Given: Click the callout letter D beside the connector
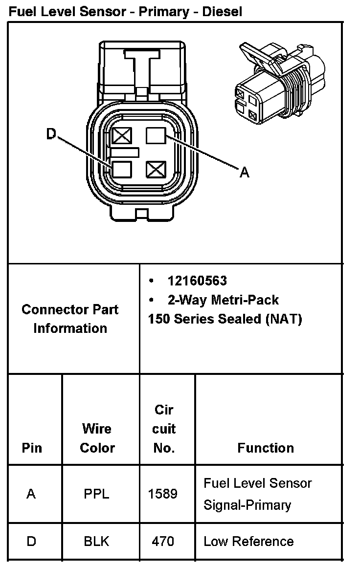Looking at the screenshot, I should coord(51,134).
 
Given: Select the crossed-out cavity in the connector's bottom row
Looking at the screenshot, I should coord(157,170).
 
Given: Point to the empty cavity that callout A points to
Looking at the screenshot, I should coord(157,135).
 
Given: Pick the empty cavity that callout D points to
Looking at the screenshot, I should coord(122,169).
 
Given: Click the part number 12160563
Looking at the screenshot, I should coord(197,281).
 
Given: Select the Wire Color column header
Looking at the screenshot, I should coord(97,438).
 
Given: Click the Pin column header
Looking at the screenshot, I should coord(32,448).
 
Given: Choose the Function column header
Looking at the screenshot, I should coord(265,448).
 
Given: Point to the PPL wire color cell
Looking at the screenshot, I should coord(97,494).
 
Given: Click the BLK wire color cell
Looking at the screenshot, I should coord(97,542).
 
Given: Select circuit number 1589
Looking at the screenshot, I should coord(162,494).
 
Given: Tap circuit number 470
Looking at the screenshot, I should coord(162,542).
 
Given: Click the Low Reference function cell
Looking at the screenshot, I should coord(248,542).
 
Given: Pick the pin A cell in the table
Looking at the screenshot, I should coord(31,494).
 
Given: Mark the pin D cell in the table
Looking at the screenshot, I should coord(31,542).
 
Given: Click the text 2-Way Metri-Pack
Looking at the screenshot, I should coord(223,300).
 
